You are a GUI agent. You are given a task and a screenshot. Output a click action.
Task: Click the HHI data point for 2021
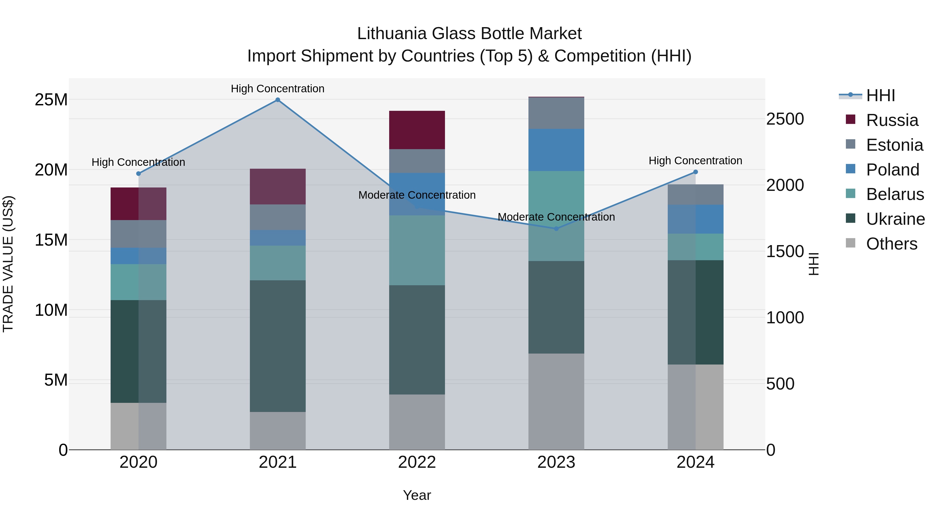pos(278,100)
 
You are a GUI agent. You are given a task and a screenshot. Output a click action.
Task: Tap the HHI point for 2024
pos(695,172)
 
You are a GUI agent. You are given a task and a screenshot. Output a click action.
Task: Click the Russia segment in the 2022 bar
pos(417,130)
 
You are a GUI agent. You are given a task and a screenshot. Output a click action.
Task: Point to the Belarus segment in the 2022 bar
pos(417,250)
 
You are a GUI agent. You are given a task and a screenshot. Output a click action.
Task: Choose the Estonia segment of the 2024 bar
pos(695,195)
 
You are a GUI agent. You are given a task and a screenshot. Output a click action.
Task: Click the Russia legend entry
pos(892,120)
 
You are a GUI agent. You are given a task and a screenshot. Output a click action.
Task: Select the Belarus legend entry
pos(895,194)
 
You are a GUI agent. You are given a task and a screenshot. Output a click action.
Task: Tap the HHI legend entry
pos(880,95)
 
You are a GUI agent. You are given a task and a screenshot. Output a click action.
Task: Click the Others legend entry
pos(891,244)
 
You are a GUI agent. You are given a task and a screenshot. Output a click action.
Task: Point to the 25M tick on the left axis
pos(51,100)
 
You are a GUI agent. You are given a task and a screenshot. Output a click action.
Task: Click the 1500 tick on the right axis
pos(785,251)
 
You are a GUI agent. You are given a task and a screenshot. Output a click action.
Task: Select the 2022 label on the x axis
pos(417,462)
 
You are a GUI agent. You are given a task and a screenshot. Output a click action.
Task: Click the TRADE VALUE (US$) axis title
pos(8,264)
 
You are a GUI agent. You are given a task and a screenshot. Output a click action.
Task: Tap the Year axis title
pos(417,495)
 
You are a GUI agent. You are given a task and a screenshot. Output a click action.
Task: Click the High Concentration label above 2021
pos(278,89)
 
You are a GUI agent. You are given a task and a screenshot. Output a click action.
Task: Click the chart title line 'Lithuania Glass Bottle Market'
pos(469,34)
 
